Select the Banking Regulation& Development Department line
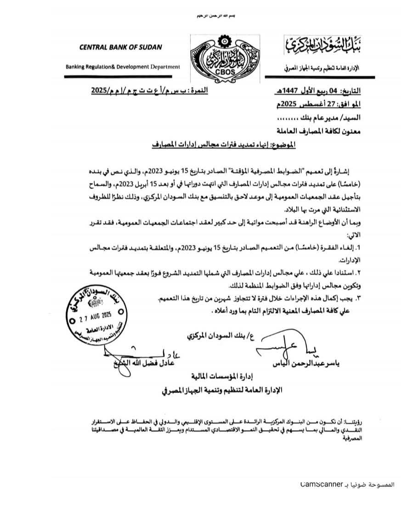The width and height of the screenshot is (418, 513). (x=123, y=67)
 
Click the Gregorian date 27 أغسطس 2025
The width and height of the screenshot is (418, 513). (x=321, y=104)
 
